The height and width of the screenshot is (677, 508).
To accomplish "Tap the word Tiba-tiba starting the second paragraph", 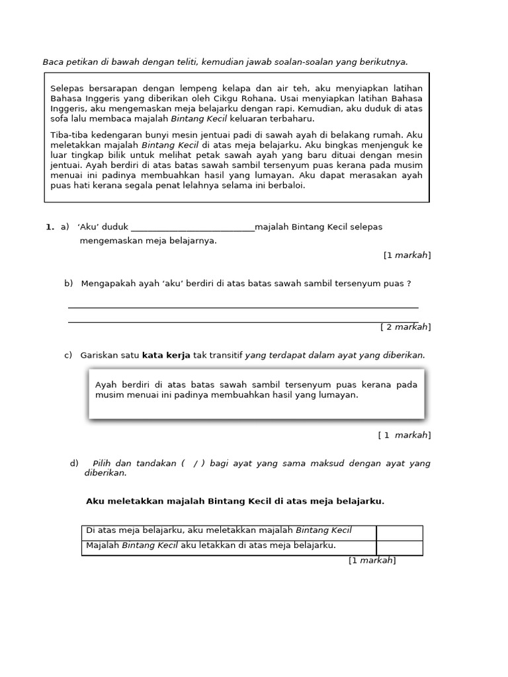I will [x=69, y=135].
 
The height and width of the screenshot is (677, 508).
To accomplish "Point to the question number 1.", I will [x=49, y=227].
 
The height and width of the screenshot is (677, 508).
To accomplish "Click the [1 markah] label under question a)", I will [x=407, y=255].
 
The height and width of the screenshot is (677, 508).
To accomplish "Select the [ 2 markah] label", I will [x=405, y=327].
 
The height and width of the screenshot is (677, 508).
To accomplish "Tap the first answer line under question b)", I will [x=243, y=307].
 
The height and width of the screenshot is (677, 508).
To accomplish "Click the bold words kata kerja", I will [x=166, y=356].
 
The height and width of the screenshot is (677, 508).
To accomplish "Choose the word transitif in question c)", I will [x=223, y=356].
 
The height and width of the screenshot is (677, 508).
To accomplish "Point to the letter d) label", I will [x=74, y=463].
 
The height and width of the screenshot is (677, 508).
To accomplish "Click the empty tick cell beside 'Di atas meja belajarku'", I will [x=400, y=532].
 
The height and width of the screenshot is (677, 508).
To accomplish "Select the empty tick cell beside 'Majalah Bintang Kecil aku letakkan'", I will [x=400, y=547].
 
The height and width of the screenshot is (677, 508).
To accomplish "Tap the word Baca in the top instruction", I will [x=53, y=62].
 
